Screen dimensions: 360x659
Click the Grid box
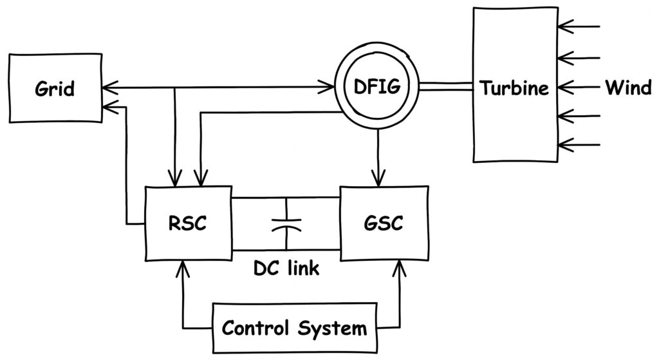point(55,88)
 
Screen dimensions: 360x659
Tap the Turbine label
point(514,88)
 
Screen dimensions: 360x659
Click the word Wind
point(627,88)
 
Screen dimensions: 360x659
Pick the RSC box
point(188,223)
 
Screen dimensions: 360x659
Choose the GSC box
point(384,223)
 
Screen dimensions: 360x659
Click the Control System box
point(294,328)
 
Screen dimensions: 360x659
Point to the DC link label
point(286,267)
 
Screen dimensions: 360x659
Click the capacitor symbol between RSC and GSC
point(286,223)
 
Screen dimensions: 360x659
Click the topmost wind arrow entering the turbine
point(579,27)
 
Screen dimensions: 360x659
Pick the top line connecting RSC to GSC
point(286,197)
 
